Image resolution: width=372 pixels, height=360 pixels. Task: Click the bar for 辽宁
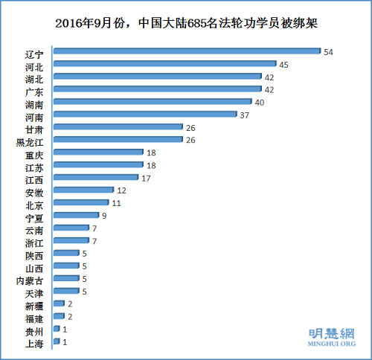coord(186,51)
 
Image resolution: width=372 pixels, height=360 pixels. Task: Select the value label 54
coord(328,51)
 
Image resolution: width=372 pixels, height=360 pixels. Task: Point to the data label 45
coord(284,65)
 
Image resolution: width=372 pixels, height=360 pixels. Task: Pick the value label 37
coord(245,115)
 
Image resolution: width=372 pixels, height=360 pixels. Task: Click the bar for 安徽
coord(83,190)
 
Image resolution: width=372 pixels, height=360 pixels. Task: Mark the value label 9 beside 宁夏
coord(105,216)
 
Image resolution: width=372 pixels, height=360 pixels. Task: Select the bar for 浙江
coord(71,241)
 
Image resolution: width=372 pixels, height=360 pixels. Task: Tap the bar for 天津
coord(65,292)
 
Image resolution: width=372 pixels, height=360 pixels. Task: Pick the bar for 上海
coord(57,341)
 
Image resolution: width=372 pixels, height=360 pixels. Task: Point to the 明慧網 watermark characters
coord(332,334)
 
